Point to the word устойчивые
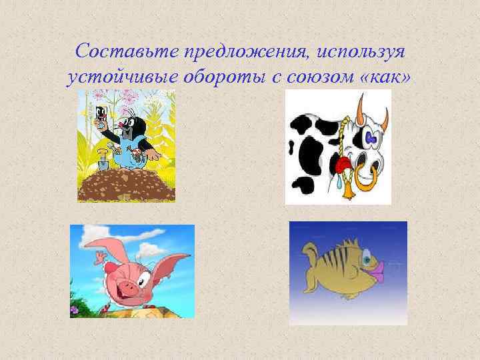(x=123, y=77)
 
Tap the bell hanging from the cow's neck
(x=347, y=189)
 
